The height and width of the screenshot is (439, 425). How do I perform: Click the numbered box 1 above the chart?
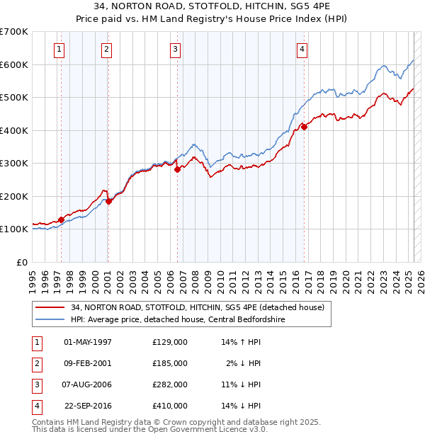[58, 50]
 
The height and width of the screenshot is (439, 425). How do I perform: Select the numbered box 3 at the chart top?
[174, 50]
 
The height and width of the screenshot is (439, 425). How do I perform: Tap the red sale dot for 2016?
[304, 127]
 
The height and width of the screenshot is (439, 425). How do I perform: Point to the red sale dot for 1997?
[61, 219]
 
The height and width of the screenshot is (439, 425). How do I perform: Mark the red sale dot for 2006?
[177, 169]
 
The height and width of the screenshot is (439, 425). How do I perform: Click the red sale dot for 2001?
[109, 201]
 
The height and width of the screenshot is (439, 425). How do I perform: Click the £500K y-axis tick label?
[13, 97]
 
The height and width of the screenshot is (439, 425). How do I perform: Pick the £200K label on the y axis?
[13, 196]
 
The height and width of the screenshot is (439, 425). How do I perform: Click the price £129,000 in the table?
[170, 342]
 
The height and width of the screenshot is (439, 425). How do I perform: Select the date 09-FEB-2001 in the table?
[88, 363]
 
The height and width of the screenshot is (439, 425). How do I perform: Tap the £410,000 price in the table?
[170, 406]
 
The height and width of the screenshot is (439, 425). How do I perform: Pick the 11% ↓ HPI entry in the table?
[242, 384]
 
